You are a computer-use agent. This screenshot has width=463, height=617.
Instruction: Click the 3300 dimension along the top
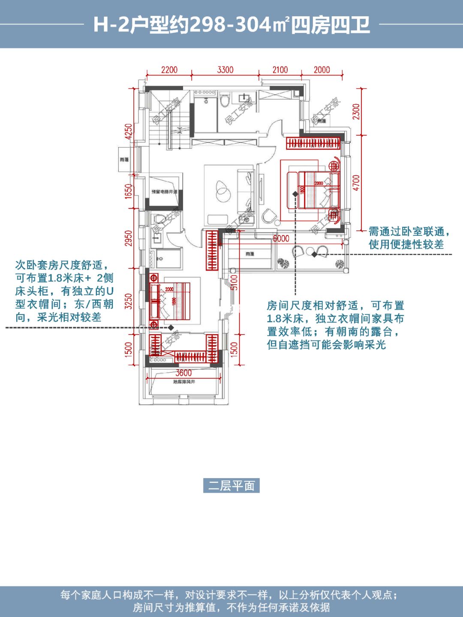pyautogui.click(x=225, y=70)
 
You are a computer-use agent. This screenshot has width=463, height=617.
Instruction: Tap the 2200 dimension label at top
pyautogui.click(x=169, y=70)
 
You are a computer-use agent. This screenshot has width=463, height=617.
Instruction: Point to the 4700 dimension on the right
pyautogui.click(x=356, y=183)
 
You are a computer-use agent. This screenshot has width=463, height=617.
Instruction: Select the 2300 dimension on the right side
pyautogui.click(x=356, y=111)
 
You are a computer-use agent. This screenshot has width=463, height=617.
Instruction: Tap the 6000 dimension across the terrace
pyautogui.click(x=281, y=238)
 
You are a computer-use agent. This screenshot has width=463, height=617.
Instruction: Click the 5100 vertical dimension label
pyautogui.click(x=234, y=283)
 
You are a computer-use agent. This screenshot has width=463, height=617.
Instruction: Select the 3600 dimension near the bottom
pyautogui.click(x=183, y=373)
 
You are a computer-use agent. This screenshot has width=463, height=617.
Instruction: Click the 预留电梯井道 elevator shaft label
pyautogui.click(x=164, y=192)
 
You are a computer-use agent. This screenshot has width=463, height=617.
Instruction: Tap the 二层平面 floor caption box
pyautogui.click(x=231, y=486)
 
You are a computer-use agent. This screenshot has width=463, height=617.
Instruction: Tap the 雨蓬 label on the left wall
pyautogui.click(x=124, y=160)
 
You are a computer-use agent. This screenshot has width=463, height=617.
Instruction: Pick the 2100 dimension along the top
pyautogui.click(x=280, y=70)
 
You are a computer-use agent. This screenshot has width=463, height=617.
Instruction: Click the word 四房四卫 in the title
pyautogui.click(x=331, y=25)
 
